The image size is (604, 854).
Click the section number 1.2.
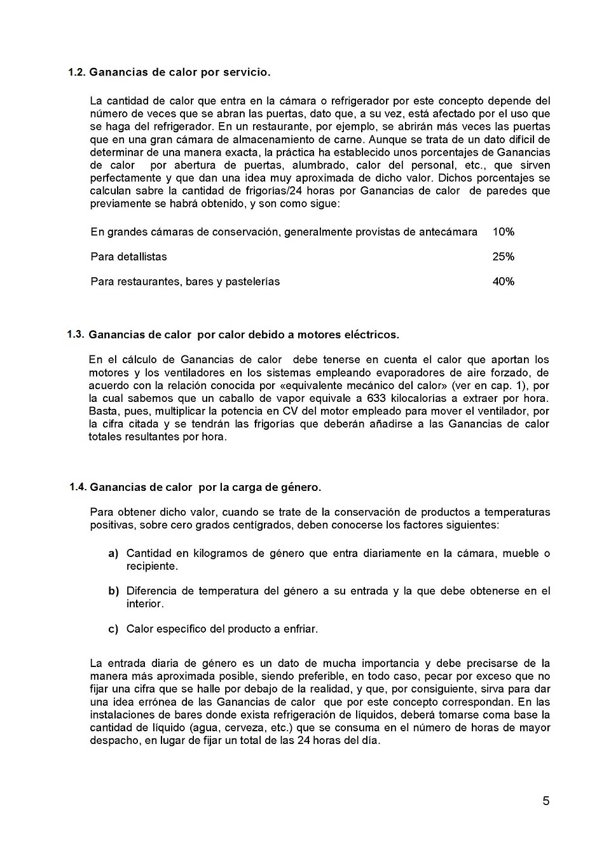(x=76, y=72)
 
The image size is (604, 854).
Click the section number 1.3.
(x=75, y=334)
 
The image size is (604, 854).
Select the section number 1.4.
(x=78, y=487)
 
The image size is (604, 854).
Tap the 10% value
(x=503, y=231)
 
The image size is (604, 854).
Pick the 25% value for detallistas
(x=503, y=256)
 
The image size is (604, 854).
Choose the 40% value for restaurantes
(x=503, y=281)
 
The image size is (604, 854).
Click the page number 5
(x=546, y=801)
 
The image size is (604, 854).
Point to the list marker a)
(x=113, y=553)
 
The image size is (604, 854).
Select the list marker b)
(x=113, y=591)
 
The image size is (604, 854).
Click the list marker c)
(x=113, y=629)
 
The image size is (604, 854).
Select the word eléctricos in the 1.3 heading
(x=372, y=334)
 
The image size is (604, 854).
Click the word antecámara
(x=448, y=231)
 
